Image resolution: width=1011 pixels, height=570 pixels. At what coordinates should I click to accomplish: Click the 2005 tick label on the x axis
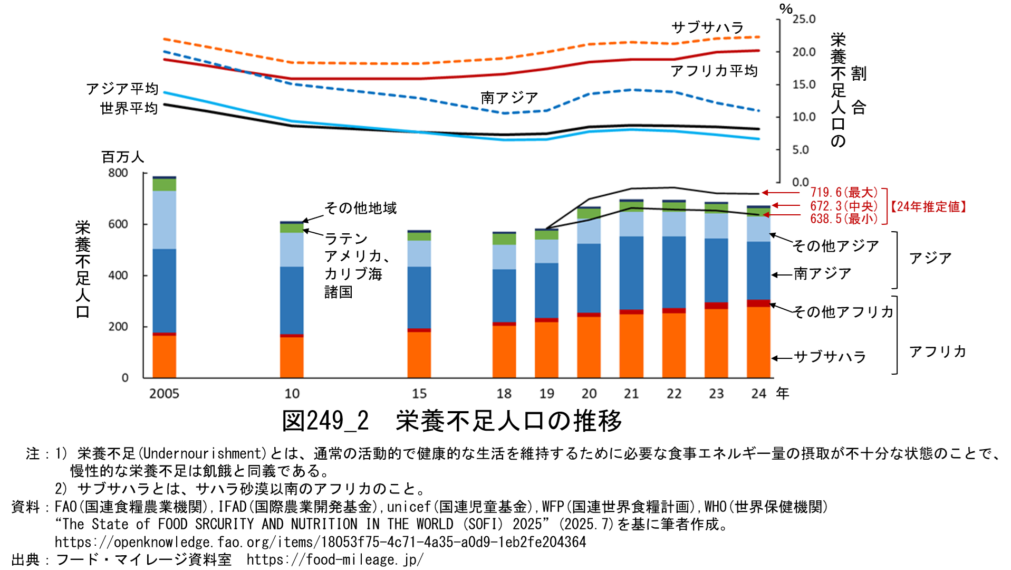coord(164,394)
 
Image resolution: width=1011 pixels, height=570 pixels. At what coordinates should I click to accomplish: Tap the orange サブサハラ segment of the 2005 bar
coord(164,356)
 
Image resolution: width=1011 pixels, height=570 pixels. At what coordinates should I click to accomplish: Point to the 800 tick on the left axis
coord(118,173)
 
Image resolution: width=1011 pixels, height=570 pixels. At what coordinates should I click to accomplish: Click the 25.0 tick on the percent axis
coord(804,20)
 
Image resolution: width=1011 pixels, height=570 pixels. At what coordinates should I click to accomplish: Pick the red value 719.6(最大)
coord(844,193)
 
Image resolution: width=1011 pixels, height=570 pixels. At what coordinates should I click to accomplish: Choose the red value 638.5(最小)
coord(844,218)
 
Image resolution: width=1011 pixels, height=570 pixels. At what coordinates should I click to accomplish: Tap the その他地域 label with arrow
coord(361,208)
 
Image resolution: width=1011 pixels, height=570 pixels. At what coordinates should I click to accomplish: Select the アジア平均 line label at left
coord(122,89)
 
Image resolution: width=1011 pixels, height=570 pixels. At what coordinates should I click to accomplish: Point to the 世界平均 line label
coord(129,108)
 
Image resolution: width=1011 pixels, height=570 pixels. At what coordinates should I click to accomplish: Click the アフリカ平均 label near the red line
coord(714,71)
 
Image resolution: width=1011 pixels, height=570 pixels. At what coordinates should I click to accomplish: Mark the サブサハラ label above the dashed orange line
coord(708,27)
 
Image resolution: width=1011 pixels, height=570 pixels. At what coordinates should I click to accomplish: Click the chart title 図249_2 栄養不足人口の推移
coord(452,421)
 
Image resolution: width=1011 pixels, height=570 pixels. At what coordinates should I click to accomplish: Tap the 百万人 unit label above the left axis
coord(122,157)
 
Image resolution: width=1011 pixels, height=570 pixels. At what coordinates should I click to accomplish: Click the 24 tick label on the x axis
coord(758,394)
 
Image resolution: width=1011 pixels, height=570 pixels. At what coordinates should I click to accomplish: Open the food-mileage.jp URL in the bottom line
coord(335,559)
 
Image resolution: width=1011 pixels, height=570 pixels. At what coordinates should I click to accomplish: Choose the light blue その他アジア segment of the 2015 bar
coord(419,253)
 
